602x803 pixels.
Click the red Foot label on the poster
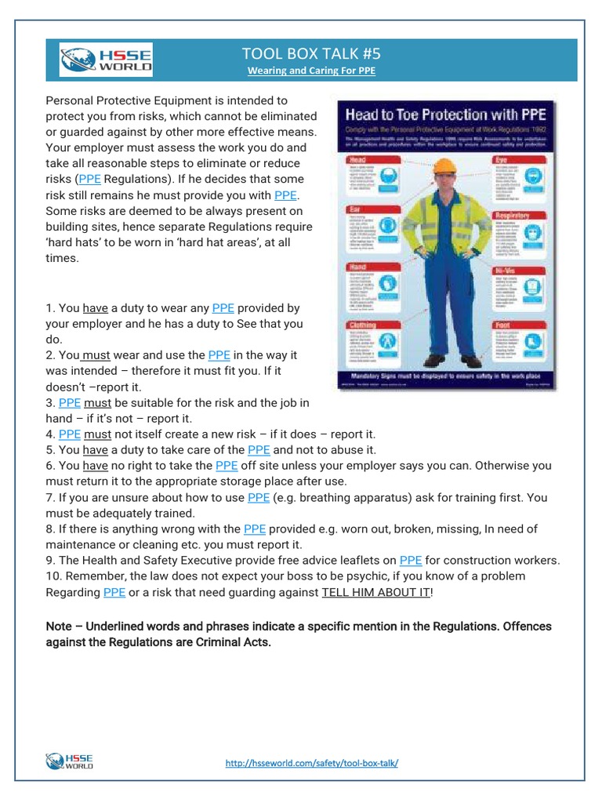[x=503, y=325]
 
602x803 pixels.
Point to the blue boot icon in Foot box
[x=539, y=344]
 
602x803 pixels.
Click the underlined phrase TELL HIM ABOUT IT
[x=375, y=592]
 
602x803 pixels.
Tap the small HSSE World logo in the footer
[x=71, y=761]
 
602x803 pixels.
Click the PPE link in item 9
[x=410, y=560]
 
